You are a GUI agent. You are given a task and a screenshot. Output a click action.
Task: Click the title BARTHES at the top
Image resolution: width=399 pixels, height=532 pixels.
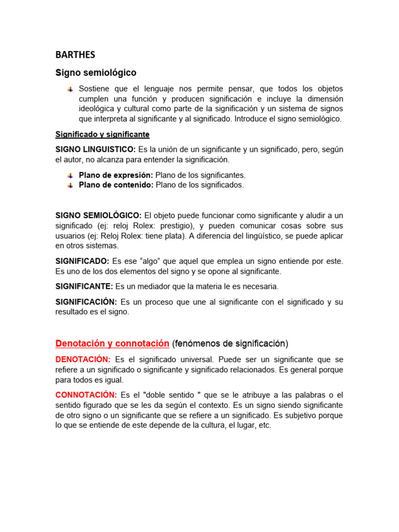coord(75,55)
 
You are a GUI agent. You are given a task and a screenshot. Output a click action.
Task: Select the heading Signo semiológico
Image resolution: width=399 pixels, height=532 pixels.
coord(96,72)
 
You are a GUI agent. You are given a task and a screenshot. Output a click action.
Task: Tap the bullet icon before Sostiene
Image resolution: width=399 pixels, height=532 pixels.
coord(70,89)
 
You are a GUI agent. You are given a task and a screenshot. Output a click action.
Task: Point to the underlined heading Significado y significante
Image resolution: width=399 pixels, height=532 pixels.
coord(102,135)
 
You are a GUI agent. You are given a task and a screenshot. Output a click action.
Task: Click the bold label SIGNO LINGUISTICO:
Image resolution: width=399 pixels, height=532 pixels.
coord(96,150)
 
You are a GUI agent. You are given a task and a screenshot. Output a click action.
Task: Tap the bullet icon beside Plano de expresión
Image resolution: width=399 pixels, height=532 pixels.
coord(70,176)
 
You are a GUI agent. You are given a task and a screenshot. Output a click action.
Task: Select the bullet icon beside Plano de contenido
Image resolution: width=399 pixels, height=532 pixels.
coord(70,185)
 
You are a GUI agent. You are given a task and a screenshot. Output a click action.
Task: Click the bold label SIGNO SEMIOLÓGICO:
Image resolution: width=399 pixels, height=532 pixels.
coord(98,216)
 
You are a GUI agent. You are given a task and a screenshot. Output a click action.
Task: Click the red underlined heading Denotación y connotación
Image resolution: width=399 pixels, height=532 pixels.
coord(112,343)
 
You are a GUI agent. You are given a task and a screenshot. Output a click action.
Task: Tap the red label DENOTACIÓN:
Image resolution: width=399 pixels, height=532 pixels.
coord(83,360)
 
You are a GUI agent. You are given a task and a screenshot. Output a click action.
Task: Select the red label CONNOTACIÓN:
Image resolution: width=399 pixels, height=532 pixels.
coord(86,395)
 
